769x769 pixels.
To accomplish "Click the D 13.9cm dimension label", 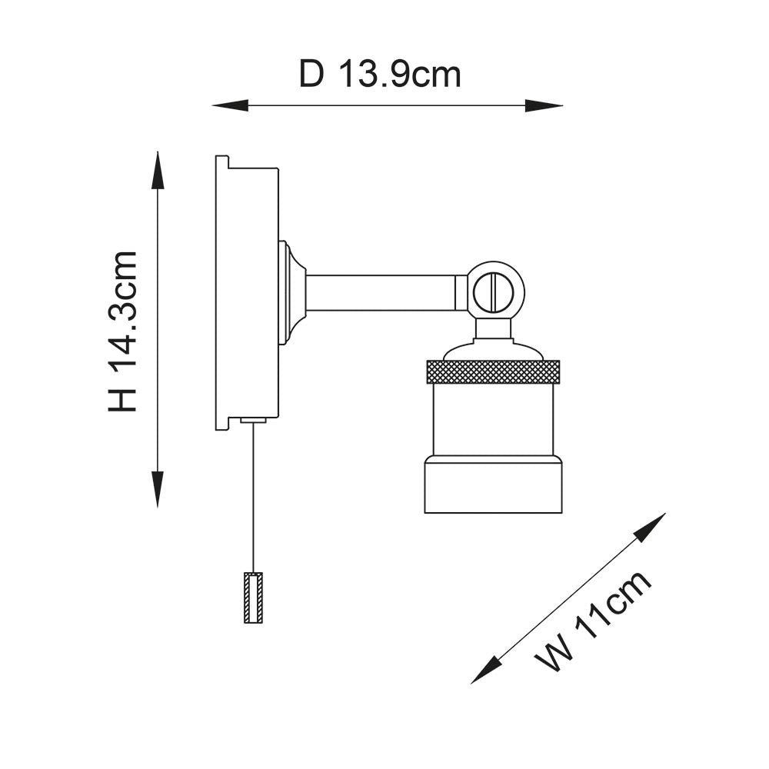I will (x=380, y=75).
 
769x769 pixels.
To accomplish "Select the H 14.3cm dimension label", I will (x=123, y=331).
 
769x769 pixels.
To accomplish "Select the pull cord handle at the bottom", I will (x=253, y=598).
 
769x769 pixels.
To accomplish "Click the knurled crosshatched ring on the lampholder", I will (x=493, y=371).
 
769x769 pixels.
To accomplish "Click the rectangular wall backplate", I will (x=246, y=293).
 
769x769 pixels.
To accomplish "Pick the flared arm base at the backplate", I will (x=292, y=292).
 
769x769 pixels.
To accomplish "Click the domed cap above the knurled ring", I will (x=493, y=351).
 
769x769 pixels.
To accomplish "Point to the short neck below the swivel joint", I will (x=492, y=328).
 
